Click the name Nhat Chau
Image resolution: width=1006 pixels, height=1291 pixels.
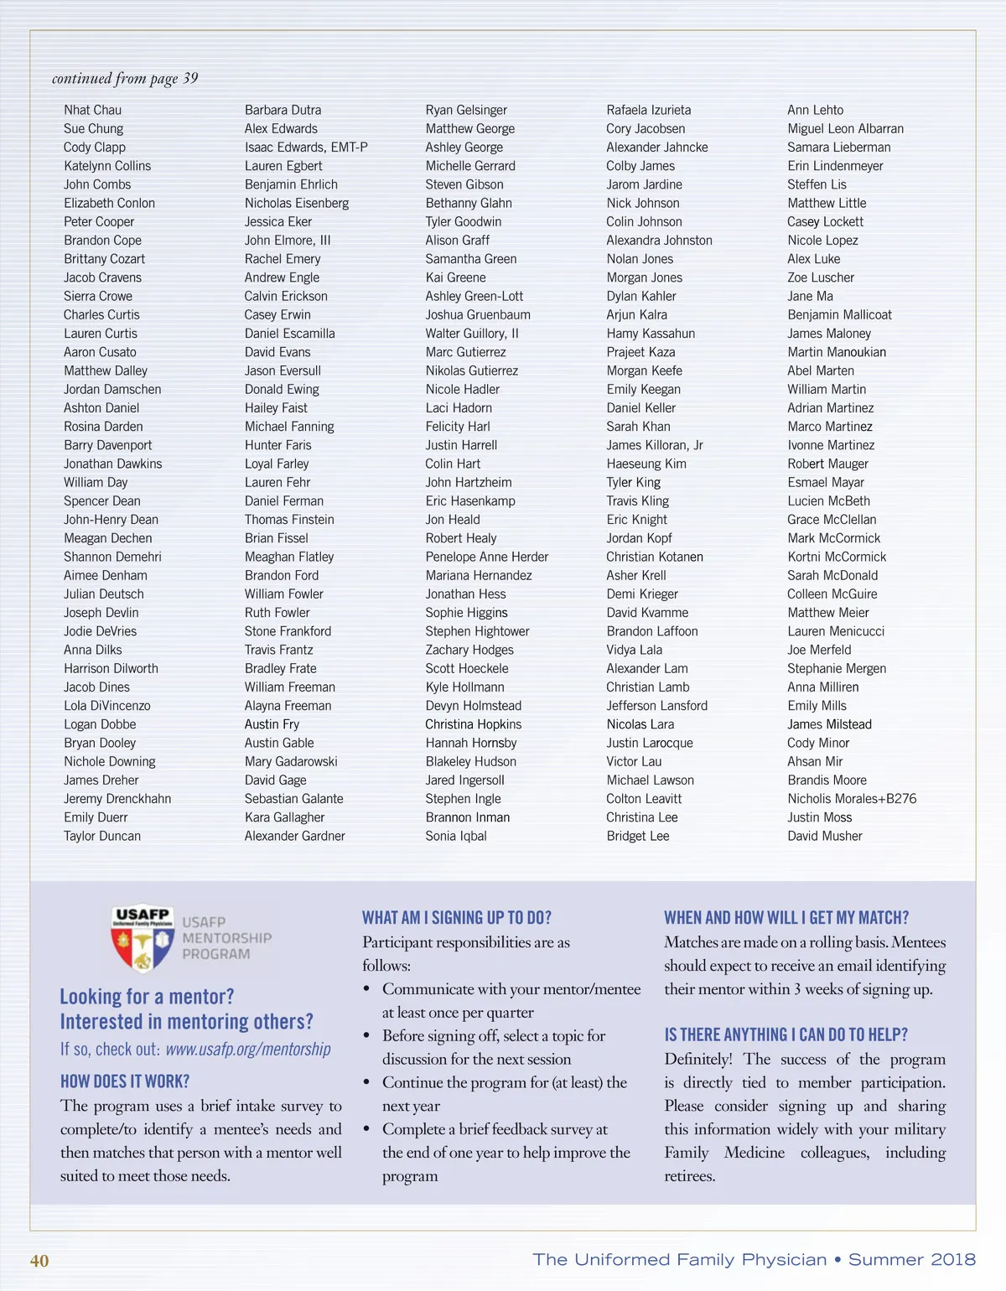[x=92, y=110]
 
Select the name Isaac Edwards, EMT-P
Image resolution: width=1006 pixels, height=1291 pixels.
[x=306, y=148]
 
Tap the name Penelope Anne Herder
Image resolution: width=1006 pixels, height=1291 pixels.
[x=486, y=557]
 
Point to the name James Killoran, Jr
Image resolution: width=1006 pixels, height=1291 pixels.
[x=655, y=445]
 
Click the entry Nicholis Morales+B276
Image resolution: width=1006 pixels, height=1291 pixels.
[x=852, y=799]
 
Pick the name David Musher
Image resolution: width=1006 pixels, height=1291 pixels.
[x=824, y=836]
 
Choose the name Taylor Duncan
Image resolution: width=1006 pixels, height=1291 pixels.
[x=102, y=836]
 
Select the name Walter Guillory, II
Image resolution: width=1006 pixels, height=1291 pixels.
[x=472, y=334]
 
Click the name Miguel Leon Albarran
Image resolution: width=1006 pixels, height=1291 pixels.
[x=845, y=129]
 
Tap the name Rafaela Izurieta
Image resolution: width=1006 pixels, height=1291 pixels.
[x=649, y=110]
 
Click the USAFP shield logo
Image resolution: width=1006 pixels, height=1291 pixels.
[x=143, y=938]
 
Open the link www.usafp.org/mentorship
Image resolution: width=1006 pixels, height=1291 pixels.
[x=248, y=1050]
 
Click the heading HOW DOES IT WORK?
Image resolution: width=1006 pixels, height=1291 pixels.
[x=125, y=1081]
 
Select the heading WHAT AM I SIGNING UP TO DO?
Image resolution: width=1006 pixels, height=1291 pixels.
[x=457, y=918]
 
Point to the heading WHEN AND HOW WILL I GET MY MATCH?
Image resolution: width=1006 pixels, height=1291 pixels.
[x=786, y=918]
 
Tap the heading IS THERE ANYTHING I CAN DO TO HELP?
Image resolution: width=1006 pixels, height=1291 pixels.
[x=786, y=1035]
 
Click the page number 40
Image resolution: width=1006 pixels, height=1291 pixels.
[x=39, y=1261]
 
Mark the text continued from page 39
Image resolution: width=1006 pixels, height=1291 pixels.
[x=125, y=79]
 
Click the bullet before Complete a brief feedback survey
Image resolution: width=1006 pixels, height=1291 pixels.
[x=367, y=1130]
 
